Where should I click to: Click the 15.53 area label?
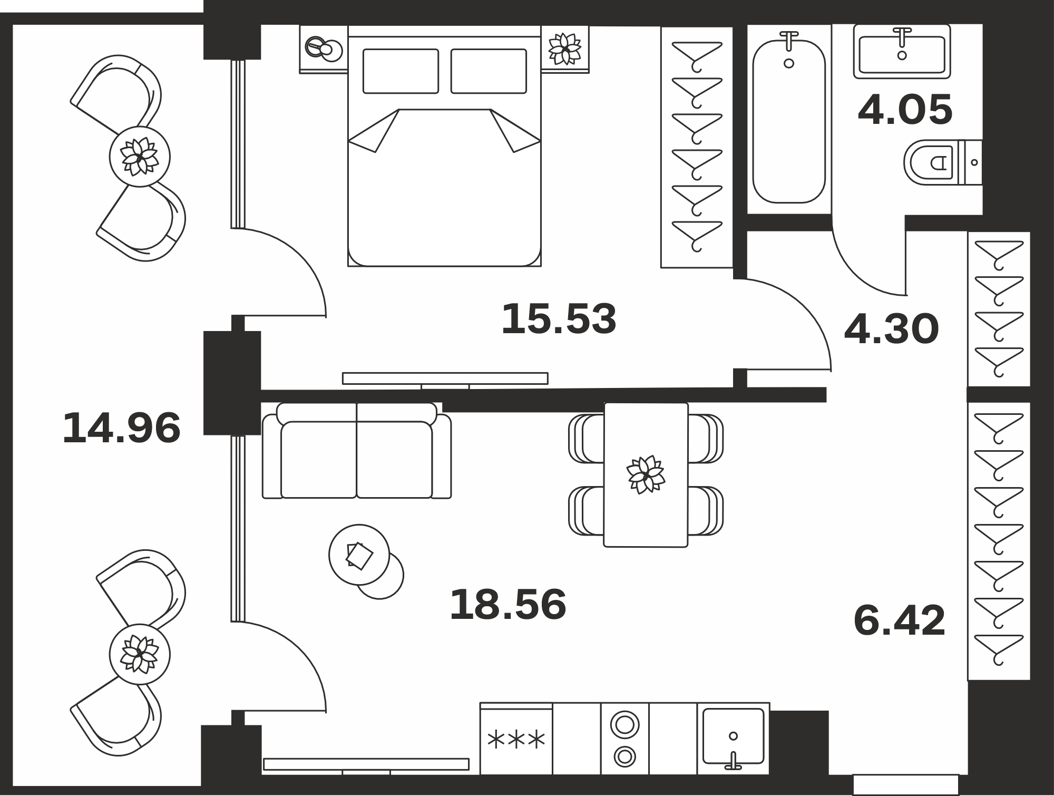(559, 319)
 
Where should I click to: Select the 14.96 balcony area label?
(122, 428)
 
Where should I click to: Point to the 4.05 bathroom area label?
(905, 110)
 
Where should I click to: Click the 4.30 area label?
(892, 329)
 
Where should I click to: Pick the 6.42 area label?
(900, 620)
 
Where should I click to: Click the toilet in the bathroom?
(943, 162)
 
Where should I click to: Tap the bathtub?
(789, 117)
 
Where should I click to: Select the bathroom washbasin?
(902, 51)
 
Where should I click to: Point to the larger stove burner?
(624, 725)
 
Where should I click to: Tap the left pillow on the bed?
(401, 71)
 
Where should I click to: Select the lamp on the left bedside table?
(324, 49)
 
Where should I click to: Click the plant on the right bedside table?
(565, 49)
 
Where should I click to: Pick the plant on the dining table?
(646, 474)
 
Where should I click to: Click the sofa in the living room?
(357, 451)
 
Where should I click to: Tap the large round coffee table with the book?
(359, 555)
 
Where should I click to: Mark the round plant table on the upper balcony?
(140, 157)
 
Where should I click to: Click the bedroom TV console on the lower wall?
(445, 378)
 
